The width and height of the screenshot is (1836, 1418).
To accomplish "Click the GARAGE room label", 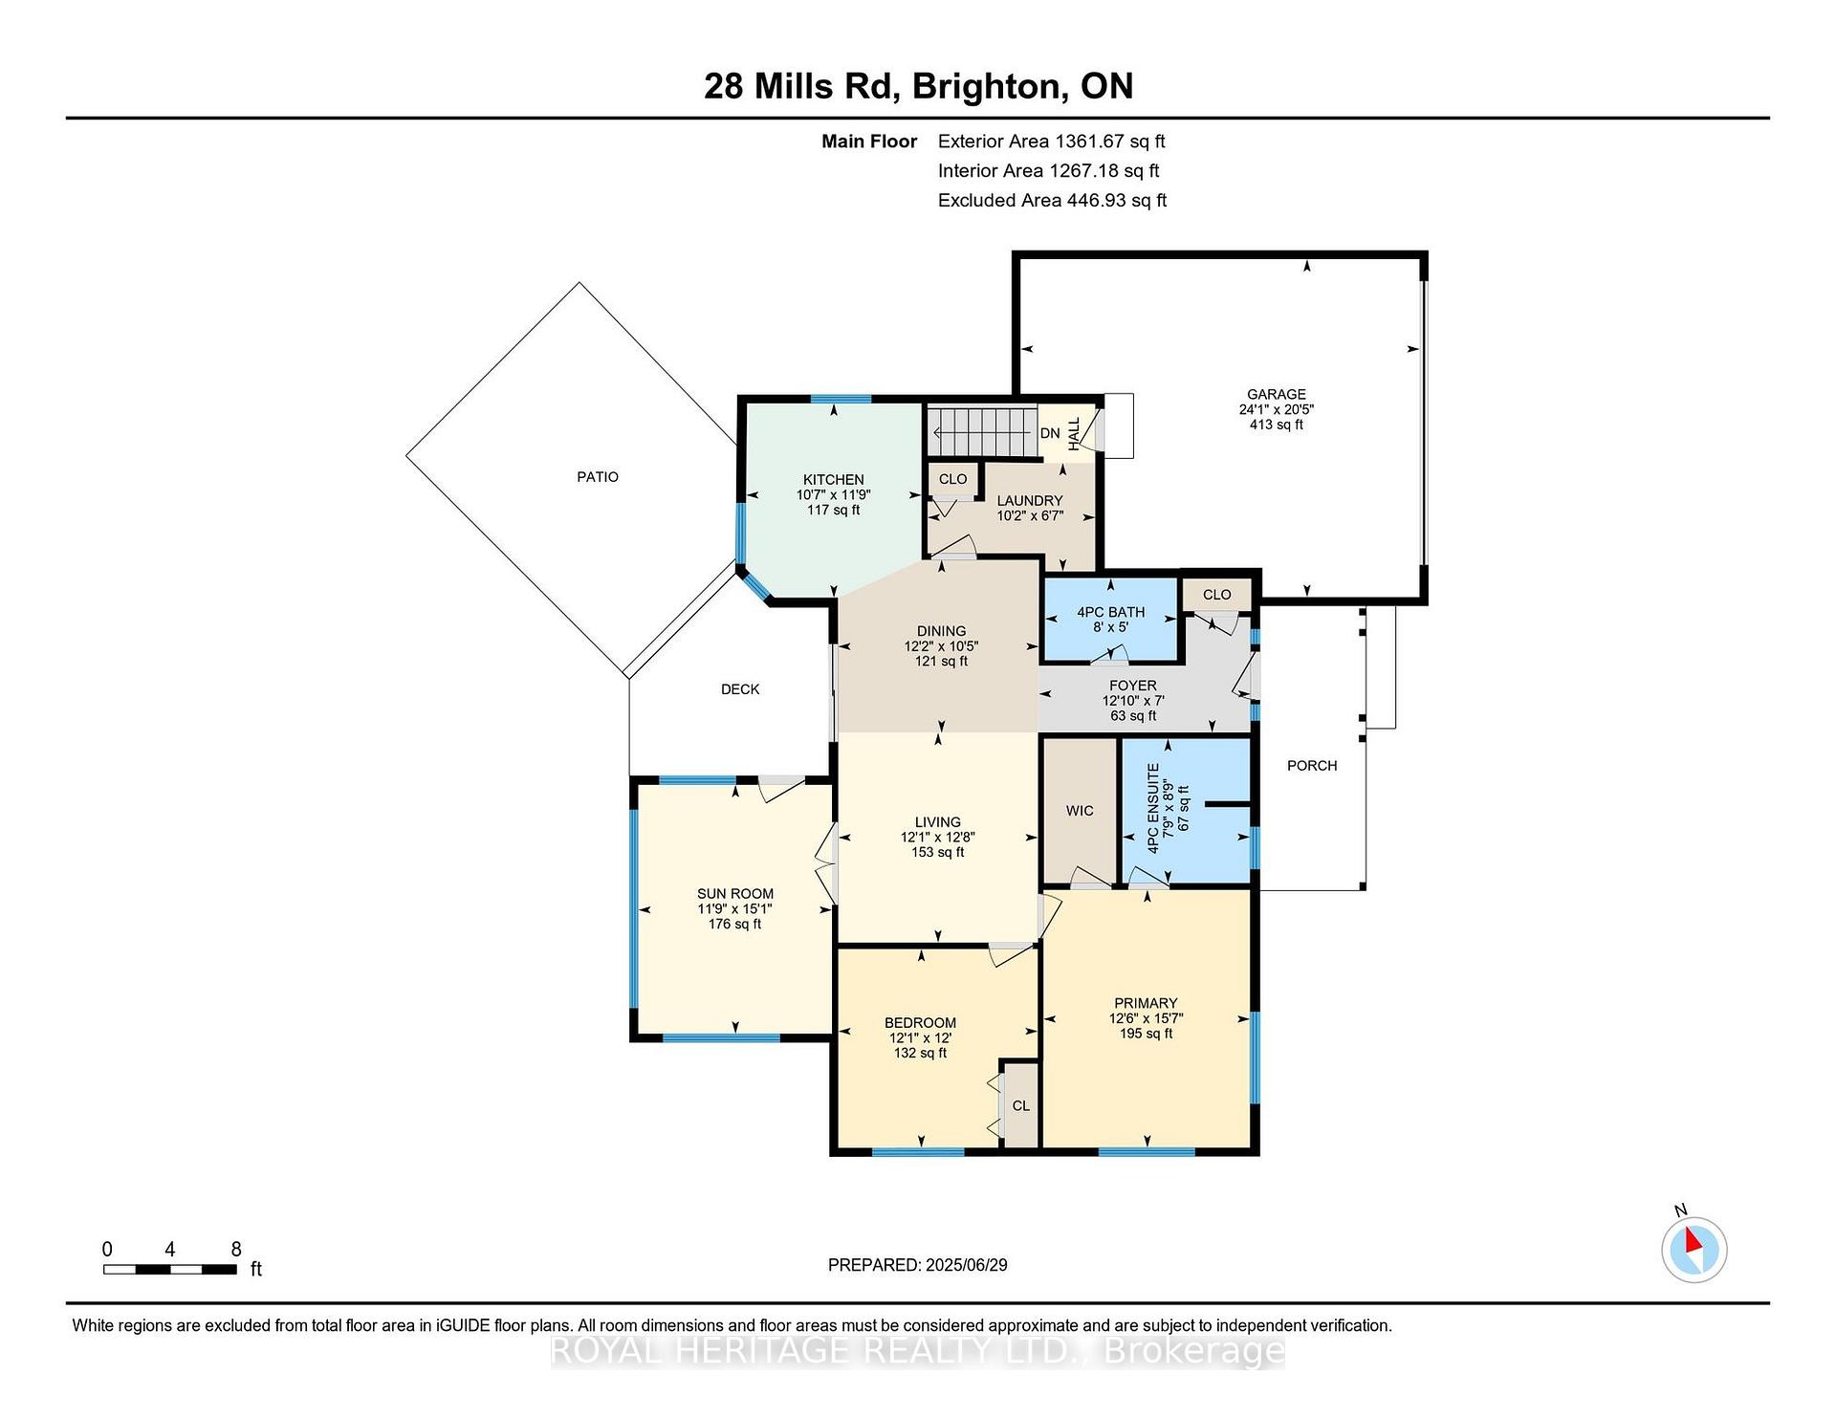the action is coord(1276,394).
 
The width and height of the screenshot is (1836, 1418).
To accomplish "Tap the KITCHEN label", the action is coord(833,480).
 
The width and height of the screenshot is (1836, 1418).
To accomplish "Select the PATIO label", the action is coord(598,477).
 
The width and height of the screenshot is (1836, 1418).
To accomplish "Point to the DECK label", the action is coord(740,689).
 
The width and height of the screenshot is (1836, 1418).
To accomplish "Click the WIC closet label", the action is coord(1080,811).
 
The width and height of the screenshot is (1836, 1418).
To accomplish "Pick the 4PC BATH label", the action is coord(1110,612).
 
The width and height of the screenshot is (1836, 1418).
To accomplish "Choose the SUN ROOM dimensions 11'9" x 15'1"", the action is coord(734,909).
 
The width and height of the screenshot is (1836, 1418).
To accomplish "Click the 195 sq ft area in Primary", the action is coord(1146,1034).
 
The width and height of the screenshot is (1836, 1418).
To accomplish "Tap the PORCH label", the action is coord(1312,766).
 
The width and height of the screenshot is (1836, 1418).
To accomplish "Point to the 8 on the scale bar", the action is coord(236,1249).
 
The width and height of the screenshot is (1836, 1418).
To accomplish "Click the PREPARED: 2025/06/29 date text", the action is coord(918,1265).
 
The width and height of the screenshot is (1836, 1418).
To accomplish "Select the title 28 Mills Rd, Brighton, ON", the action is coord(918,86).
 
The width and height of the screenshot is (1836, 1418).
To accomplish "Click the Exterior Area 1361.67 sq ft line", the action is coord(1051,142).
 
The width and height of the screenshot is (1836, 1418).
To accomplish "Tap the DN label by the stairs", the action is coord(1050,433).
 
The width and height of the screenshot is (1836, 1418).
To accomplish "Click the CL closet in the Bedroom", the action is coord(1020,1104).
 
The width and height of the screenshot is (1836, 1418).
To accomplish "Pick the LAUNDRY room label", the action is coord(1030,501).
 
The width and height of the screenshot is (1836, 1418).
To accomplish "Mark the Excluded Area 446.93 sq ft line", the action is coord(1052,201).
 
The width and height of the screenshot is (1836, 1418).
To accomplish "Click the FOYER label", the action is coord(1133,686).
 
